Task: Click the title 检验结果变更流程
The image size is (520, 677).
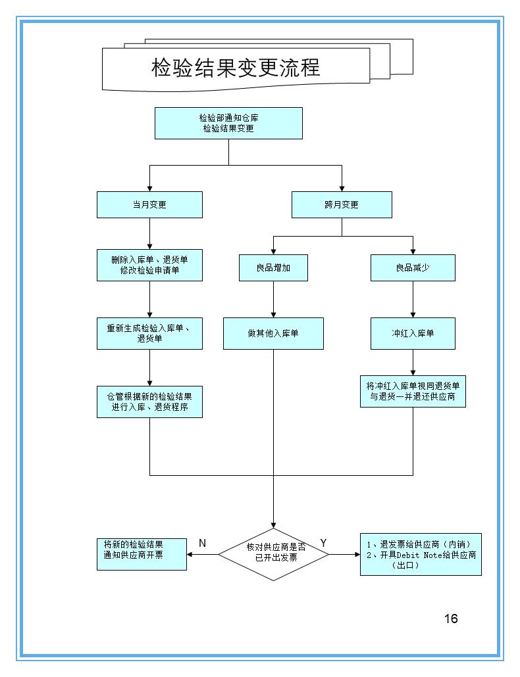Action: click(x=236, y=67)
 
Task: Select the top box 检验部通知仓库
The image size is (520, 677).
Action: click(x=228, y=123)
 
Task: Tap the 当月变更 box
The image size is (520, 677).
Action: click(x=149, y=204)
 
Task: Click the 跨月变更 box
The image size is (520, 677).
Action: click(x=342, y=204)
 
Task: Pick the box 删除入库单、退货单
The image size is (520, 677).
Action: click(x=149, y=266)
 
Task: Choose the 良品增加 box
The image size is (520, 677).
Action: click(x=273, y=268)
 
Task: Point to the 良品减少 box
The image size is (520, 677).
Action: click(x=413, y=268)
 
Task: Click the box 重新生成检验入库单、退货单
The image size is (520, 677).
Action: click(x=149, y=333)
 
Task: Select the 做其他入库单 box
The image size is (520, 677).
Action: click(x=273, y=333)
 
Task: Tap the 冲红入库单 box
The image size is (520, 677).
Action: click(x=413, y=333)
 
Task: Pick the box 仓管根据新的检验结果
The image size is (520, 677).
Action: click(x=149, y=401)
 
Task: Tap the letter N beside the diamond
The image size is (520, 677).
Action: click(x=203, y=543)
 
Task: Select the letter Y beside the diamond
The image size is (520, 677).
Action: click(x=323, y=542)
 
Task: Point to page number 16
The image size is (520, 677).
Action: click(x=451, y=619)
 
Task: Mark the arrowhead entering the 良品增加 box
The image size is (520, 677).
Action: click(x=273, y=251)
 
